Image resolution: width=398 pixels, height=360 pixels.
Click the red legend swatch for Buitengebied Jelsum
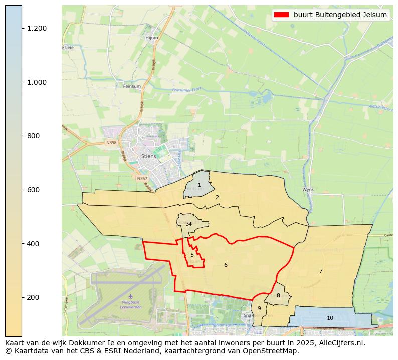pyautogui.click(x=281, y=15)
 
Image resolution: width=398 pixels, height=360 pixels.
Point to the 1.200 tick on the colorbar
pyautogui.click(x=37, y=28)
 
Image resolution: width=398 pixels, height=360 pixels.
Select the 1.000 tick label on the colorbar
pyautogui.click(x=37, y=82)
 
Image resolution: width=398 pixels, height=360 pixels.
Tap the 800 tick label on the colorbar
pyautogui.click(x=33, y=136)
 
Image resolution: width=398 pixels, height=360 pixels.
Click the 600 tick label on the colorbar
pyautogui.click(x=33, y=190)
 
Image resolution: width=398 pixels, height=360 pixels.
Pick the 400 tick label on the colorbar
pyautogui.click(x=33, y=244)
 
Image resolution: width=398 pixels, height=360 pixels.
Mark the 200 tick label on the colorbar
pyautogui.click(x=33, y=297)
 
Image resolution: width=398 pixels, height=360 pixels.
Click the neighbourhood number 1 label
pyautogui.click(x=199, y=185)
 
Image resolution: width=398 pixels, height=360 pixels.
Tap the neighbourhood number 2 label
pyautogui.click(x=217, y=198)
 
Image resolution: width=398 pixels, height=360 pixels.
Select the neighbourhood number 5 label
pyautogui.click(x=192, y=255)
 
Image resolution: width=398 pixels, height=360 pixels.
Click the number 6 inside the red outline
pyautogui.click(x=226, y=265)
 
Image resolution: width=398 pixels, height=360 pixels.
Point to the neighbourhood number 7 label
pyautogui.click(x=321, y=271)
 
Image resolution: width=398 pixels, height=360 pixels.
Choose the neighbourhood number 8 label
pyautogui.click(x=278, y=296)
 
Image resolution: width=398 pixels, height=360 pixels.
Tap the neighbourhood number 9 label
pyautogui.click(x=259, y=309)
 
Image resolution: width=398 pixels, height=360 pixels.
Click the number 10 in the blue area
pyautogui.click(x=330, y=318)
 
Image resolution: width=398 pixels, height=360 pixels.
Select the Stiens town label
pyautogui.click(x=149, y=156)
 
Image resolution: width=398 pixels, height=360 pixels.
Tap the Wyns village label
pyautogui.click(x=308, y=190)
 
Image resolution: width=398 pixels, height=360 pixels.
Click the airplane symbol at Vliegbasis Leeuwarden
pyautogui.click(x=131, y=296)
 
